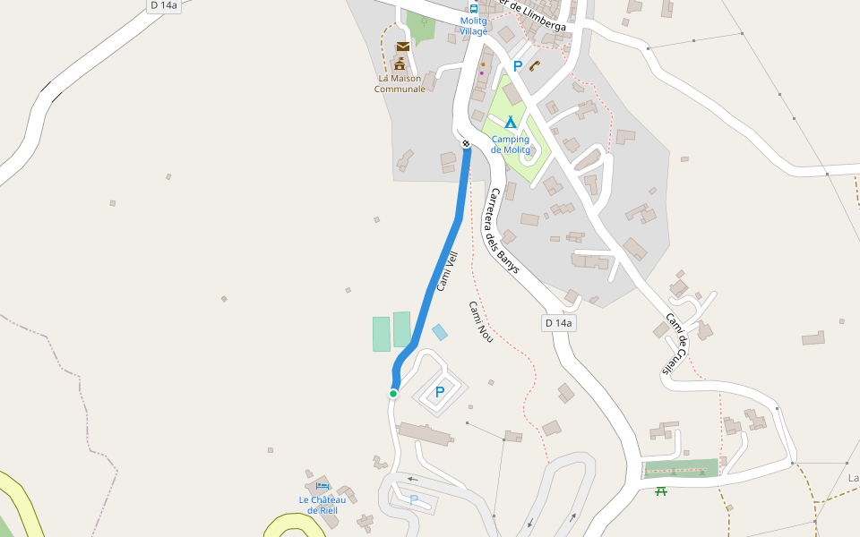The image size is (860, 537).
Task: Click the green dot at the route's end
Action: (393, 394)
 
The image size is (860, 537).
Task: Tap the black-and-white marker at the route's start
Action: (466, 143)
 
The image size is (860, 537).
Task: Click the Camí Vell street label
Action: (447, 271)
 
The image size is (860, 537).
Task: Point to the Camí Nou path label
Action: (481, 321)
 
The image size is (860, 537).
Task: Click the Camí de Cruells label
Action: (675, 344)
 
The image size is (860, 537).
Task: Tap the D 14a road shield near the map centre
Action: (559, 323)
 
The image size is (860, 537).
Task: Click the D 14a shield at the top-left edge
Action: (165, 5)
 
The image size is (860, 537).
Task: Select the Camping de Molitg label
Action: (510, 144)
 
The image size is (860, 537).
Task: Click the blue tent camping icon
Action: (510, 123)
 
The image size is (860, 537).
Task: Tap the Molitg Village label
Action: (474, 26)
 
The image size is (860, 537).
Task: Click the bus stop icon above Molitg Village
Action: (474, 8)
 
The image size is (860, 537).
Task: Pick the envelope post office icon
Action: (402, 47)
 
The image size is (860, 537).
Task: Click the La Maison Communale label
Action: (400, 83)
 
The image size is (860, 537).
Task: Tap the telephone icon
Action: (535, 65)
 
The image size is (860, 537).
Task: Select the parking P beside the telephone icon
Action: (517, 66)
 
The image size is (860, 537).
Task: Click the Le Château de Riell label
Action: (322, 505)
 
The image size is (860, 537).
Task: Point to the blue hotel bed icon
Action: (322, 485)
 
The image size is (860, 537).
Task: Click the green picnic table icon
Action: (661, 490)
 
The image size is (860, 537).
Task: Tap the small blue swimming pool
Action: (440, 332)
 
